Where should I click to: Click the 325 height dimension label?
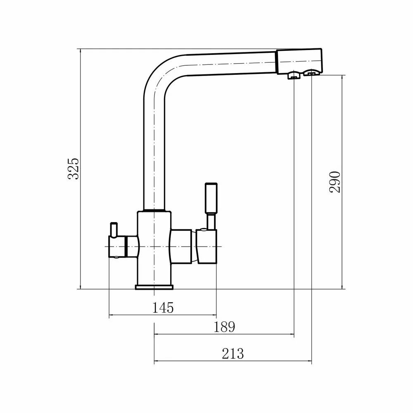click(73, 168)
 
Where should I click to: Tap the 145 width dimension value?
click(162, 307)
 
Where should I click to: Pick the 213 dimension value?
click(233, 354)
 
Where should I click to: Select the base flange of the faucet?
click(154, 287)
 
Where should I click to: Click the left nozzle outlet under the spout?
click(293, 75)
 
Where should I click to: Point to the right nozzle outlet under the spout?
click(311, 74)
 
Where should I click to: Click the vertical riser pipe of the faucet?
click(154, 157)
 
